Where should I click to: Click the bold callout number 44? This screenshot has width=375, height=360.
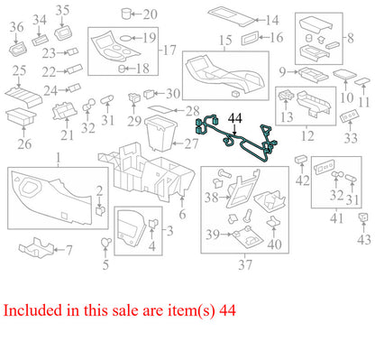tap(235, 118)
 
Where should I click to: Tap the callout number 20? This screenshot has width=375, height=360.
tap(150, 14)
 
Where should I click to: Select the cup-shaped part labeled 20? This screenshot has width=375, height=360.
tap(126, 14)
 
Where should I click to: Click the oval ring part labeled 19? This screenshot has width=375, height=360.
tap(125, 38)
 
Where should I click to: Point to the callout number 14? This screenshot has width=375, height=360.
tap(272, 21)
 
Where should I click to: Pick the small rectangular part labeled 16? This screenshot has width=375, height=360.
tap(250, 39)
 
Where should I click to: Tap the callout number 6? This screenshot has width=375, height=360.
tap(182, 215)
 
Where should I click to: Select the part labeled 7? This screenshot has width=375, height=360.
tap(36, 248)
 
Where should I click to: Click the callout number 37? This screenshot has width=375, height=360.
tap(245, 264)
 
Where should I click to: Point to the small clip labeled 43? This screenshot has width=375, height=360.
tap(362, 217)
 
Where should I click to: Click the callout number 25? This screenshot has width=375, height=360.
tap(19, 70)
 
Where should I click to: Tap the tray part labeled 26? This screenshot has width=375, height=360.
tap(21, 116)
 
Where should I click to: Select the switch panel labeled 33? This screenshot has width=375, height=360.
tap(350, 117)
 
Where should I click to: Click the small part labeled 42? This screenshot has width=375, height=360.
tap(301, 159)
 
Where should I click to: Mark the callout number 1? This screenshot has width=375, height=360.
tap(59, 157)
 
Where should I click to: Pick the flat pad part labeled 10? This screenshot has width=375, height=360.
tap(344, 74)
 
